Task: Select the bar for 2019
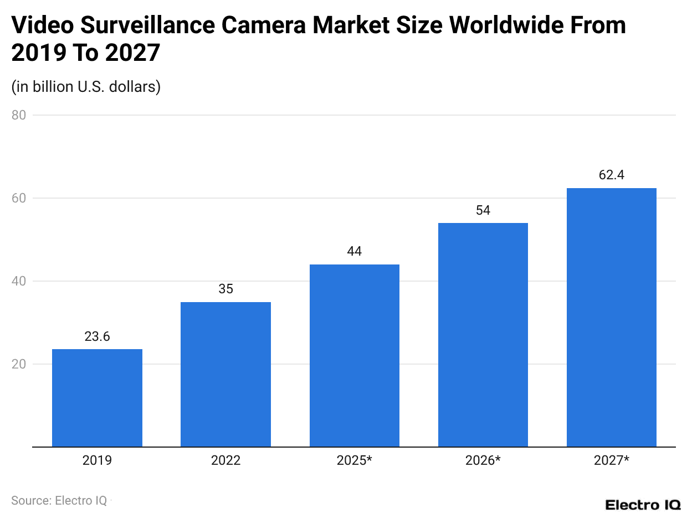click(97, 398)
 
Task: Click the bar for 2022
click(225, 374)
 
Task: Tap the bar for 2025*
click(354, 355)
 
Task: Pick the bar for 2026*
click(483, 335)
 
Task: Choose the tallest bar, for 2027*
click(611, 317)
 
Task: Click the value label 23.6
click(97, 336)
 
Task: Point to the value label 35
click(225, 289)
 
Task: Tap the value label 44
click(354, 252)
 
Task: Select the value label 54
click(483, 210)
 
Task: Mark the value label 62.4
click(611, 175)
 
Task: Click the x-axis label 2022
click(225, 460)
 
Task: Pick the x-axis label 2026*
click(483, 460)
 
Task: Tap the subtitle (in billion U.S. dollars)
click(86, 87)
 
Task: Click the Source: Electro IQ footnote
click(59, 500)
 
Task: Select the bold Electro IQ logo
click(643, 505)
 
